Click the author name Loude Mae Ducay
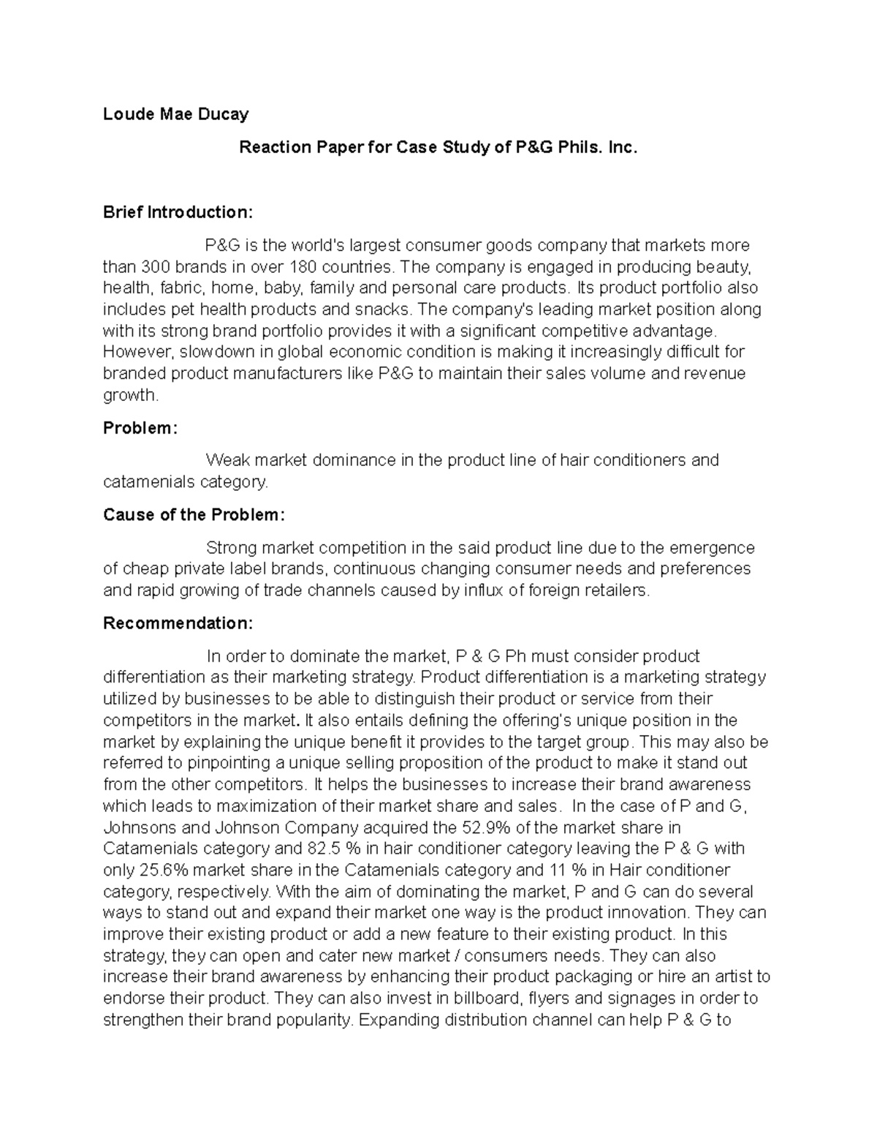pyautogui.click(x=175, y=114)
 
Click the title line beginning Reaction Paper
pyautogui.click(x=438, y=148)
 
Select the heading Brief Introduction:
pyautogui.click(x=178, y=213)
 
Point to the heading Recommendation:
pyautogui.click(x=178, y=623)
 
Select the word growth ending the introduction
pyautogui.click(x=129, y=396)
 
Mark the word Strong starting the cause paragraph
pyautogui.click(x=232, y=548)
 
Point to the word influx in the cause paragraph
pyautogui.click(x=482, y=591)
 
